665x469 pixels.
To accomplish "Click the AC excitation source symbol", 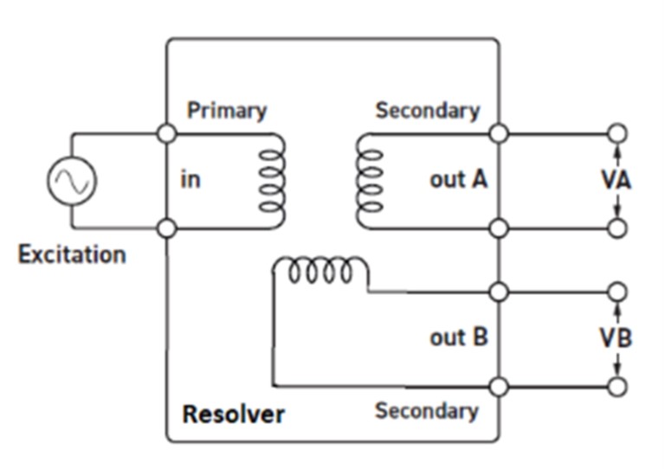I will coord(72,182).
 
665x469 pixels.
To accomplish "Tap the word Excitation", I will coord(72,255).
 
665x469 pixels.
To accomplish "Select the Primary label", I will coord(227,111).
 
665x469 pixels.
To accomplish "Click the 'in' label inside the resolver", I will coord(190,181).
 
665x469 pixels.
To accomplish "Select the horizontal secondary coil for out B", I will coord(321,272).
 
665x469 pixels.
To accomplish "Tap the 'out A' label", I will coord(458,180).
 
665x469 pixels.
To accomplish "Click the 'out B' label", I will coord(458,337).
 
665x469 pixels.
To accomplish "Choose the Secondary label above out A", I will coord(427,111).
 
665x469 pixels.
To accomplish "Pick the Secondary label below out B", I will coord(426,410).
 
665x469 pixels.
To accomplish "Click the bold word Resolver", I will coord(233,414).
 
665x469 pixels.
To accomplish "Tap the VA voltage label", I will coord(617,181).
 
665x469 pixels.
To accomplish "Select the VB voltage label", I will coord(617,337).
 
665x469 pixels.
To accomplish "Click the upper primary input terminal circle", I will coord(168,133).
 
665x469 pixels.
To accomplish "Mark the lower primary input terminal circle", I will coord(168,228).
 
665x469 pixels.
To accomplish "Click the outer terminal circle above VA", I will coord(617,133).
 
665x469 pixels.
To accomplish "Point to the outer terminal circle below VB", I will coord(617,387).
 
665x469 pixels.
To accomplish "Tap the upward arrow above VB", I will coord(617,312).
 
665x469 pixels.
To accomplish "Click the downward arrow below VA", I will coord(617,206).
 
